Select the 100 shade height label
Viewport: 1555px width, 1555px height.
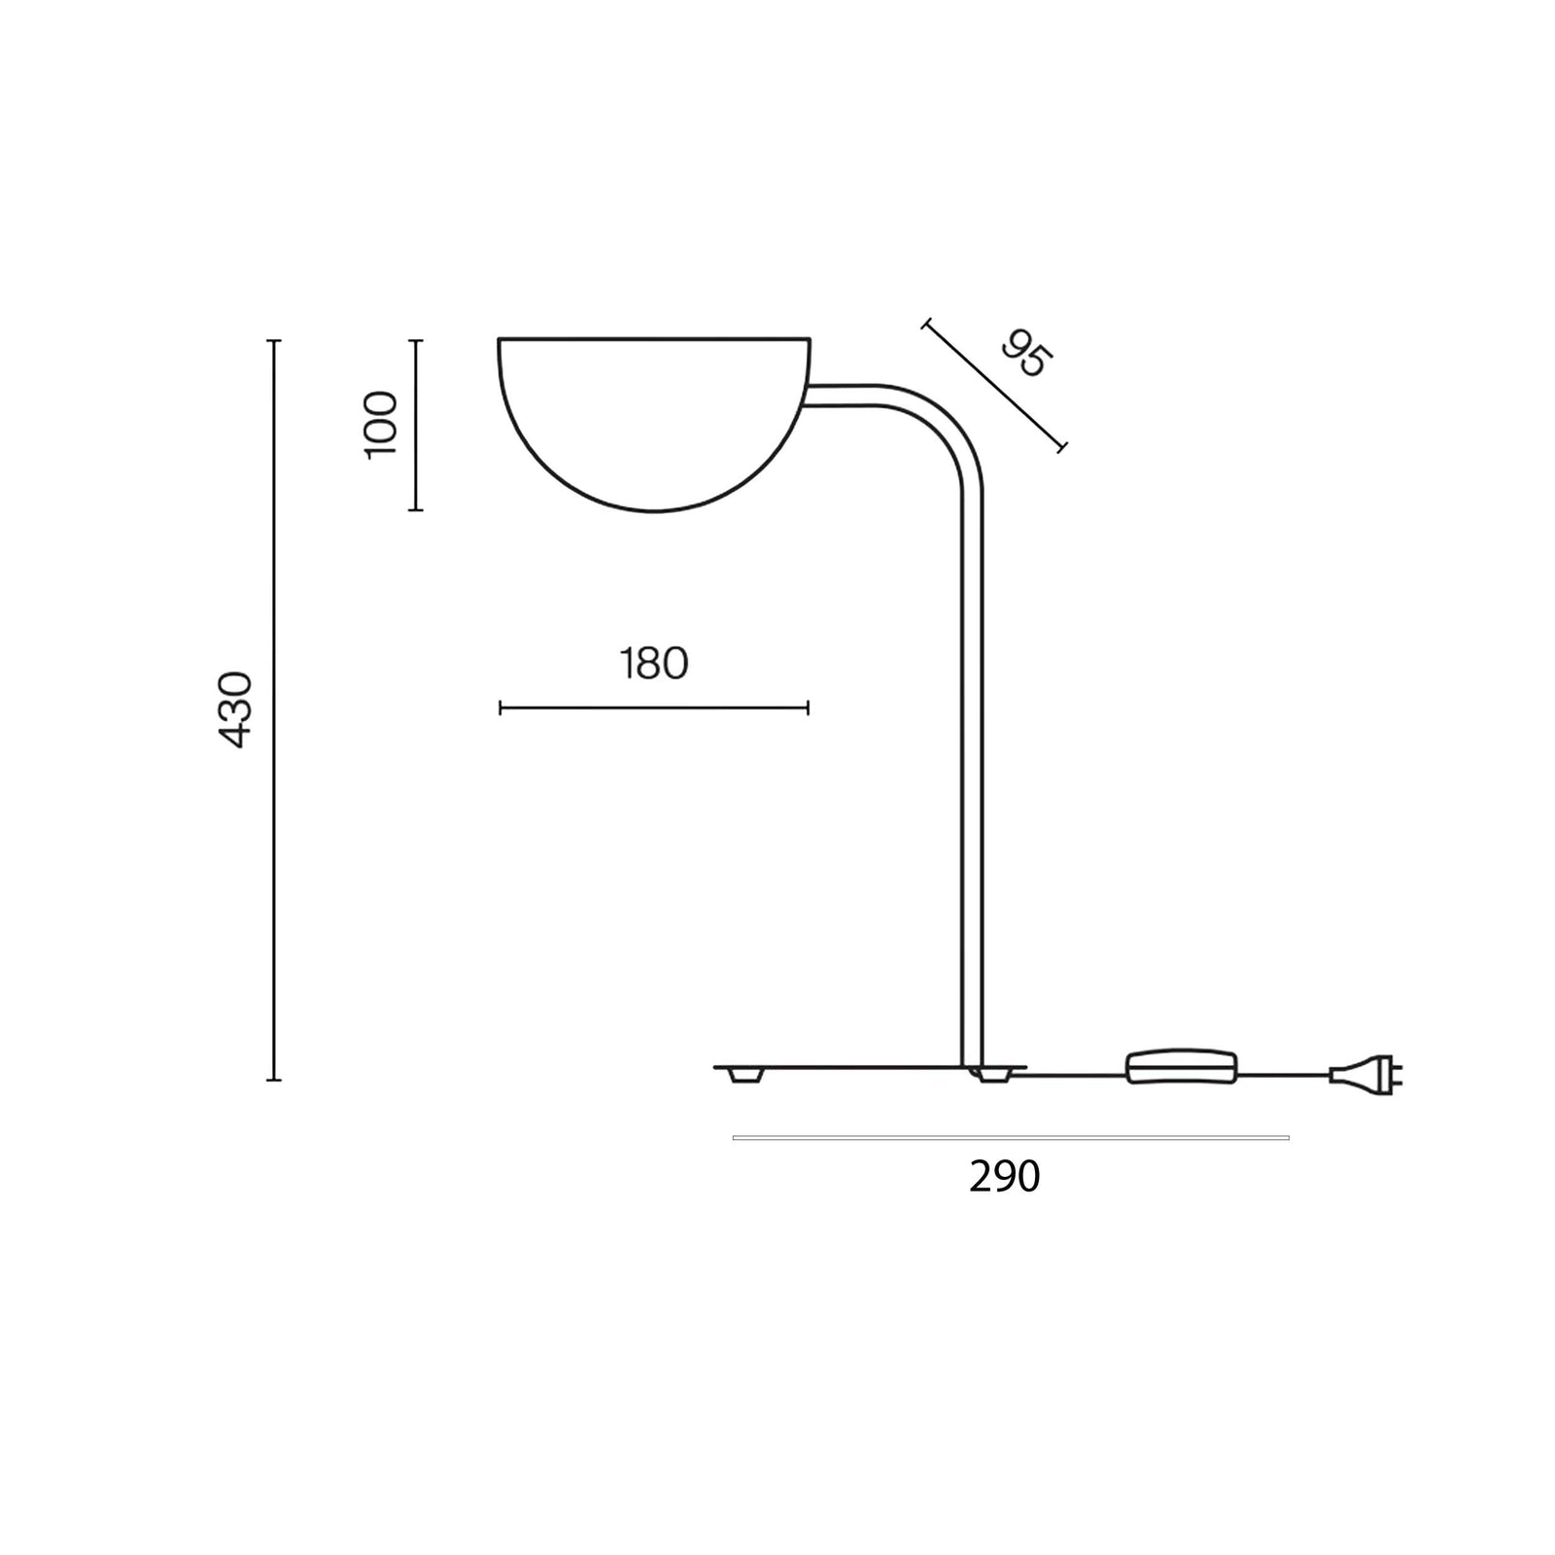(x=380, y=424)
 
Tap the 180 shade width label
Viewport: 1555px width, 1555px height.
(x=654, y=664)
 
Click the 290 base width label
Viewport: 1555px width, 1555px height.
(x=1005, y=1177)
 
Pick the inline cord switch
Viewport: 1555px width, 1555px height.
(x=1181, y=1067)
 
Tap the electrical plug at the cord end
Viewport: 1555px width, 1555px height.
(x=1365, y=1075)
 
